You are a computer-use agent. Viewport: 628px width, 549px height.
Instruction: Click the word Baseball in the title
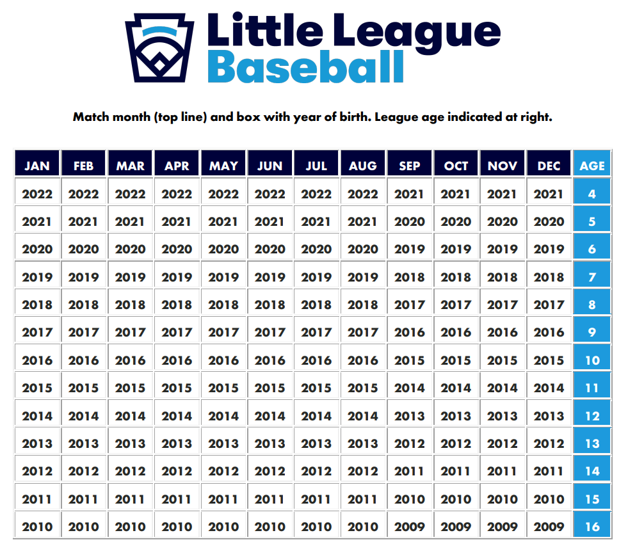[305, 67]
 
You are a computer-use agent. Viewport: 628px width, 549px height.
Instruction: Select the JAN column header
[37, 166]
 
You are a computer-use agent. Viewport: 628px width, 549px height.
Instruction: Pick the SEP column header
[410, 166]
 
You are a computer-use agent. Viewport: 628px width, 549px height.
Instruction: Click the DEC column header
[549, 166]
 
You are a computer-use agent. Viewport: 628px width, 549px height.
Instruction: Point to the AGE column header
[592, 166]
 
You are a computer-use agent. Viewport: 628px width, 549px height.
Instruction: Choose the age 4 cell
[592, 194]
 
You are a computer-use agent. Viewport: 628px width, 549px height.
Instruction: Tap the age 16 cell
[592, 527]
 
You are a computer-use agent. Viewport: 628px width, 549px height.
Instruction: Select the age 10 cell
[592, 360]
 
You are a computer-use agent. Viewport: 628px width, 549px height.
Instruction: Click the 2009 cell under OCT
[456, 527]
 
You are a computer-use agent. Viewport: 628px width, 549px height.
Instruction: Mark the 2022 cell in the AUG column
[363, 194]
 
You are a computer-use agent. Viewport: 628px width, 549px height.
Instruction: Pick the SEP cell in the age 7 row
[410, 277]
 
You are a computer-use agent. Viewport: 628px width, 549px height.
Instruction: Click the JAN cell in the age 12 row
[37, 416]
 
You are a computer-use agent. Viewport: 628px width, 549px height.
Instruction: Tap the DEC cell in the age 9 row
[549, 333]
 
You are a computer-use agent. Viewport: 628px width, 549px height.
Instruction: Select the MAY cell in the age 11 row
[223, 388]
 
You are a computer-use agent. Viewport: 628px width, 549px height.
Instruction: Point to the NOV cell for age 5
[503, 222]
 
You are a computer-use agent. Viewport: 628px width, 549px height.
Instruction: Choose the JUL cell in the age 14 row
[316, 472]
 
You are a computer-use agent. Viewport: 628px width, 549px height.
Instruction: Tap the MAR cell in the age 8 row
[131, 305]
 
